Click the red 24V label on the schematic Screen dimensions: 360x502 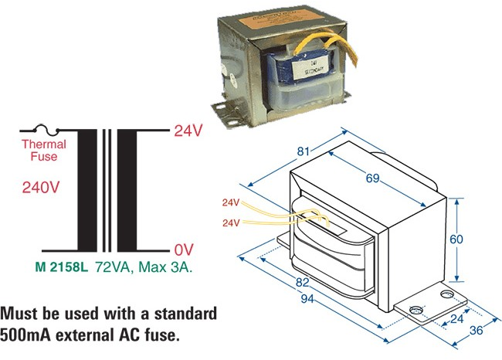pos(188,131)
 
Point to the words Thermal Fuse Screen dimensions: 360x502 pos(44,151)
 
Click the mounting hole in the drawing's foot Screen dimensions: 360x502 pos(416,312)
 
